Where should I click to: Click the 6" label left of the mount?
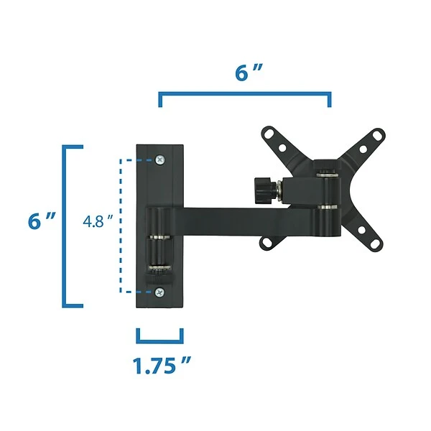coord(42,221)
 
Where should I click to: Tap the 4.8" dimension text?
coord(98,221)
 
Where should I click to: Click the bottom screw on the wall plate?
coord(159,292)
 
